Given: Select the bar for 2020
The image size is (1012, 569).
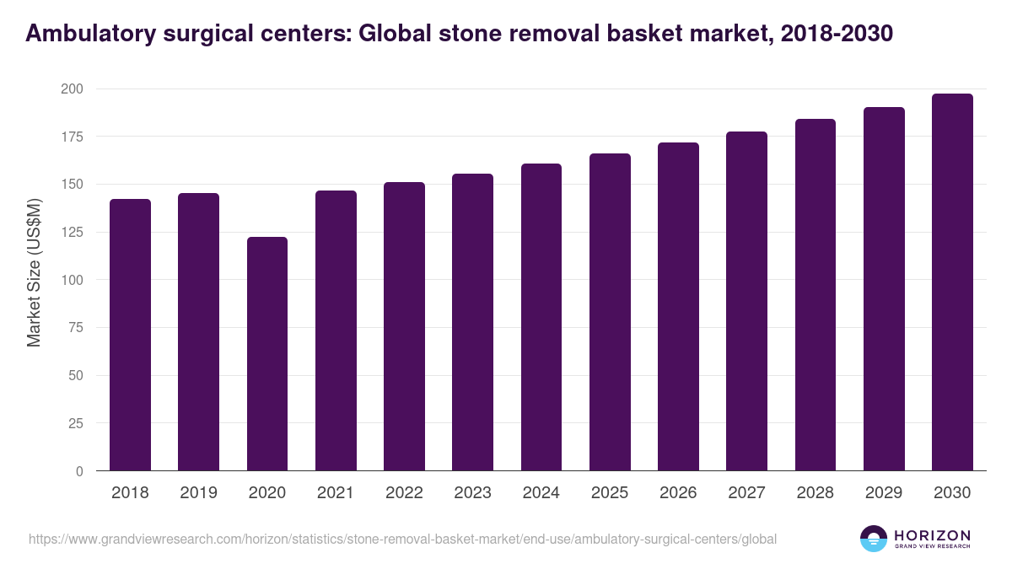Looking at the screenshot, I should point(266,354).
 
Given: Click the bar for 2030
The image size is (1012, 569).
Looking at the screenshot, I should point(952,282).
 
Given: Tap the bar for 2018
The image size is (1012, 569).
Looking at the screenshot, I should point(130,335).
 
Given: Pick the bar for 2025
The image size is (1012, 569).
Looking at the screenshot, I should point(610,312).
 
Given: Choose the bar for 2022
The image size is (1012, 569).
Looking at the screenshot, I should point(404,326).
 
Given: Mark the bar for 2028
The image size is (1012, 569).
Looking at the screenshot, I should point(815,295).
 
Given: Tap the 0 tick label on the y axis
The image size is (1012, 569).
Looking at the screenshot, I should point(78,471).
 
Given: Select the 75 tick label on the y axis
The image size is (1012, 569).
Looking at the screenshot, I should point(75,328).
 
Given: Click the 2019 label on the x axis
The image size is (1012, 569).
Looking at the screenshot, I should point(198,493).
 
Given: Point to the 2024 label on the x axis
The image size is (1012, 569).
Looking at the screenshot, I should point(541,493).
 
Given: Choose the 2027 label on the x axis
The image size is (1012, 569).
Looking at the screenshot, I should point(746,493).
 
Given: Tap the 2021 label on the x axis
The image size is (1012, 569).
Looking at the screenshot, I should point(336,493).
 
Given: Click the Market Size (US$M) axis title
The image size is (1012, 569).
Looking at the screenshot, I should point(34,272).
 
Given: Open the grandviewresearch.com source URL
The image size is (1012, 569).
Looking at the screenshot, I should point(402,539).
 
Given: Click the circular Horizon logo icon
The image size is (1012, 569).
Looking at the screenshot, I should point(874,539).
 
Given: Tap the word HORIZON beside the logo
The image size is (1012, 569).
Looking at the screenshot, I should point(932,535).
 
